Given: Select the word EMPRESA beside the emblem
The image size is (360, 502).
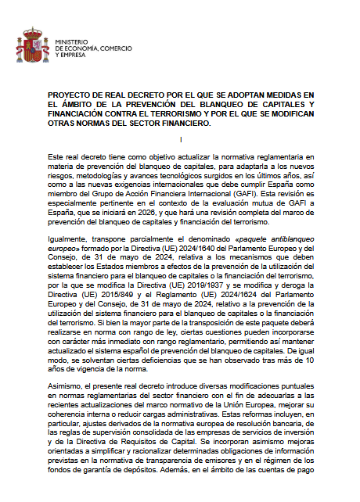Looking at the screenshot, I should coord(70,56).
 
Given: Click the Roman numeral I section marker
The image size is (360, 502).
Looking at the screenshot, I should coord(181,139).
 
